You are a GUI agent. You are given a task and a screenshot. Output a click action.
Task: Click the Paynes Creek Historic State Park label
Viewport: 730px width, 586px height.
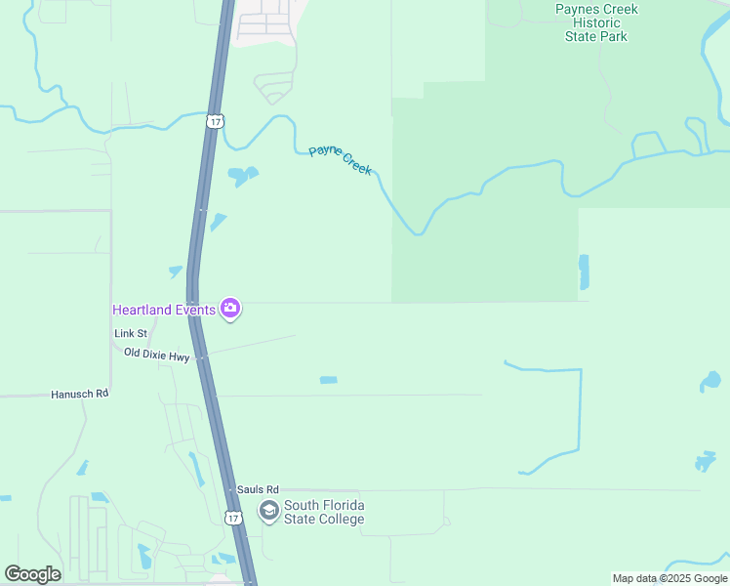click(x=596, y=22)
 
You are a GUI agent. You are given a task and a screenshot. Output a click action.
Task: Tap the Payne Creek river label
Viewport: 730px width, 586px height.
click(x=341, y=159)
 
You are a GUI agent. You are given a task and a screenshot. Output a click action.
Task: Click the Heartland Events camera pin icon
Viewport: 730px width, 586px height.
click(x=230, y=310)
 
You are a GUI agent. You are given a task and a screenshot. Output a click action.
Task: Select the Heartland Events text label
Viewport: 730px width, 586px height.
click(x=164, y=310)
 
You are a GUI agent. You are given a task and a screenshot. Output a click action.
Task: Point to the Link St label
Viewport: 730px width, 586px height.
click(x=130, y=334)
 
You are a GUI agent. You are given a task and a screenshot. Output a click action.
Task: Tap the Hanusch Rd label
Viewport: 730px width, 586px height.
click(x=80, y=395)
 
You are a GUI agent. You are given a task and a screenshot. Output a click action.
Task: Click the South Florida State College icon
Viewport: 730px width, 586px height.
click(x=268, y=510)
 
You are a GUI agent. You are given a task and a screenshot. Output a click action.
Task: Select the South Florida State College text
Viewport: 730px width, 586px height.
click(x=324, y=512)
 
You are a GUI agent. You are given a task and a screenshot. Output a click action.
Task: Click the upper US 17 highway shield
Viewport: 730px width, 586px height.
click(x=216, y=121)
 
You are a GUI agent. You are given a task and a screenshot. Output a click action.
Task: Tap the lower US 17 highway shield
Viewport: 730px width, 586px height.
click(x=232, y=518)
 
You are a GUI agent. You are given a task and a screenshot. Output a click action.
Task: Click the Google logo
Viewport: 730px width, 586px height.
click(x=32, y=574)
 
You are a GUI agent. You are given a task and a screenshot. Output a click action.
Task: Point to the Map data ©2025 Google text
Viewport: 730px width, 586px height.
click(x=669, y=578)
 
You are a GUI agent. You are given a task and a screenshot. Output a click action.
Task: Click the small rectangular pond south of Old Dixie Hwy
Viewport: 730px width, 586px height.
click(x=329, y=380)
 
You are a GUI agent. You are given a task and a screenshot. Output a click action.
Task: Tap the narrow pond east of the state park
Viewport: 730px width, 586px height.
click(x=585, y=272)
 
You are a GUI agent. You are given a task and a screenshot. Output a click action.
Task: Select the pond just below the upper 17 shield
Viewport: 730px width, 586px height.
click(x=241, y=176)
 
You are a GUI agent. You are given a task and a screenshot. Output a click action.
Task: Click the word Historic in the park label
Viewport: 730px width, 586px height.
click(x=596, y=22)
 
